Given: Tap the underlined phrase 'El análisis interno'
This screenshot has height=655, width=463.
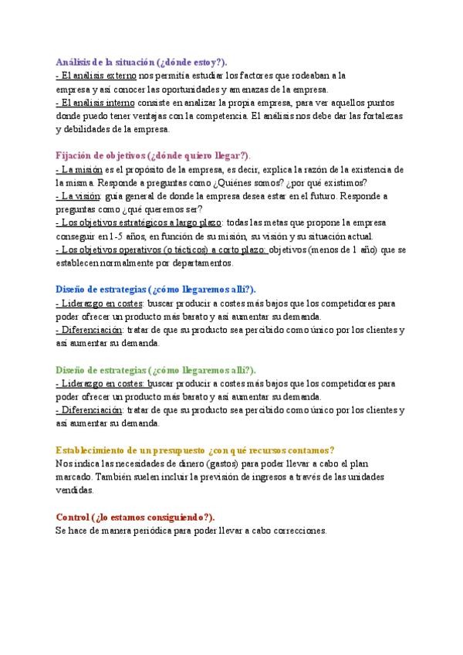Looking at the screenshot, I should [96, 102].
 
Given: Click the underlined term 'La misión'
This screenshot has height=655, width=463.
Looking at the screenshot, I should [80, 169].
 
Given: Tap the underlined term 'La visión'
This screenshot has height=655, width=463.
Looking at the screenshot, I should [79, 196].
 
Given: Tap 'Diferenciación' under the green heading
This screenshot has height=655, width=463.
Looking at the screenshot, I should [90, 410].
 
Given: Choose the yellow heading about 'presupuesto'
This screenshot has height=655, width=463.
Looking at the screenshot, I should [194, 450].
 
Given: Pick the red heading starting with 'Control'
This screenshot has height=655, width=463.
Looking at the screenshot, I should [136, 517].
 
